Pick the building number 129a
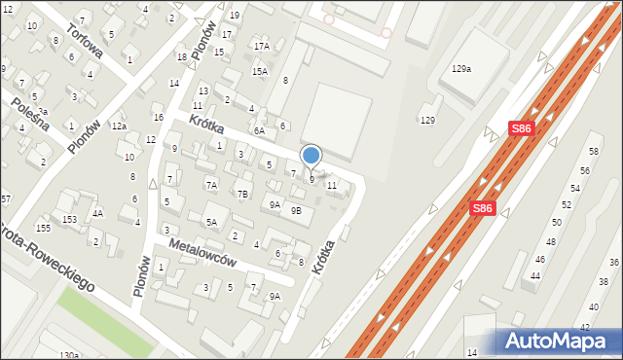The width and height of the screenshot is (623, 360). click(x=460, y=69)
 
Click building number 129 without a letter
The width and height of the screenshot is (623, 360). click(x=426, y=120)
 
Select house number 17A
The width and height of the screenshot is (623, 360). click(x=261, y=46)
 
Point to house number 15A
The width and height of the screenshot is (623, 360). click(x=259, y=71)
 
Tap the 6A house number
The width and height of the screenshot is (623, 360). click(x=259, y=130)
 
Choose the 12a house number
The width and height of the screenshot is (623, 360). click(x=118, y=126)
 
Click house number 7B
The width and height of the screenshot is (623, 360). click(x=242, y=193)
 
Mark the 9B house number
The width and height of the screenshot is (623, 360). click(x=296, y=210)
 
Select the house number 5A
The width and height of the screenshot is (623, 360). click(x=210, y=222)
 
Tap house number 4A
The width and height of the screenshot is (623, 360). click(x=97, y=212)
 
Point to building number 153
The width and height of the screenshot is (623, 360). click(x=70, y=220)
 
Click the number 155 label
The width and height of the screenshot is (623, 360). click(x=43, y=228)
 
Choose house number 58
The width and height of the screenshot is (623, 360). click(x=593, y=151)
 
